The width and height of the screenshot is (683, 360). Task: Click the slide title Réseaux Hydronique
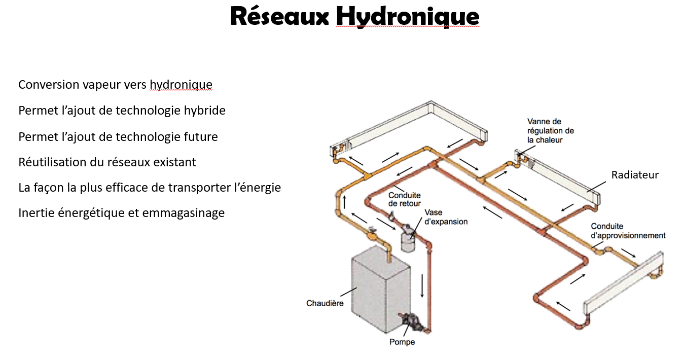354,16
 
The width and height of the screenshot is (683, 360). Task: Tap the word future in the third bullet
202,136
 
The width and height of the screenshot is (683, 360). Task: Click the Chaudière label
325,303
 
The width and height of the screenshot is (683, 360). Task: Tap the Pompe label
402,342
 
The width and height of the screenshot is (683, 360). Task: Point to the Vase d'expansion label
446,217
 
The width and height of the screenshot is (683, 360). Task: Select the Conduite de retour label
404,199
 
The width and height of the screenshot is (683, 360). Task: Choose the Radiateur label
634,175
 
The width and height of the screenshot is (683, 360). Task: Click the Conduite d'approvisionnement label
628,231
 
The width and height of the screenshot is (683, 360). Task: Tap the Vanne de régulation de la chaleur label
550,130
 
